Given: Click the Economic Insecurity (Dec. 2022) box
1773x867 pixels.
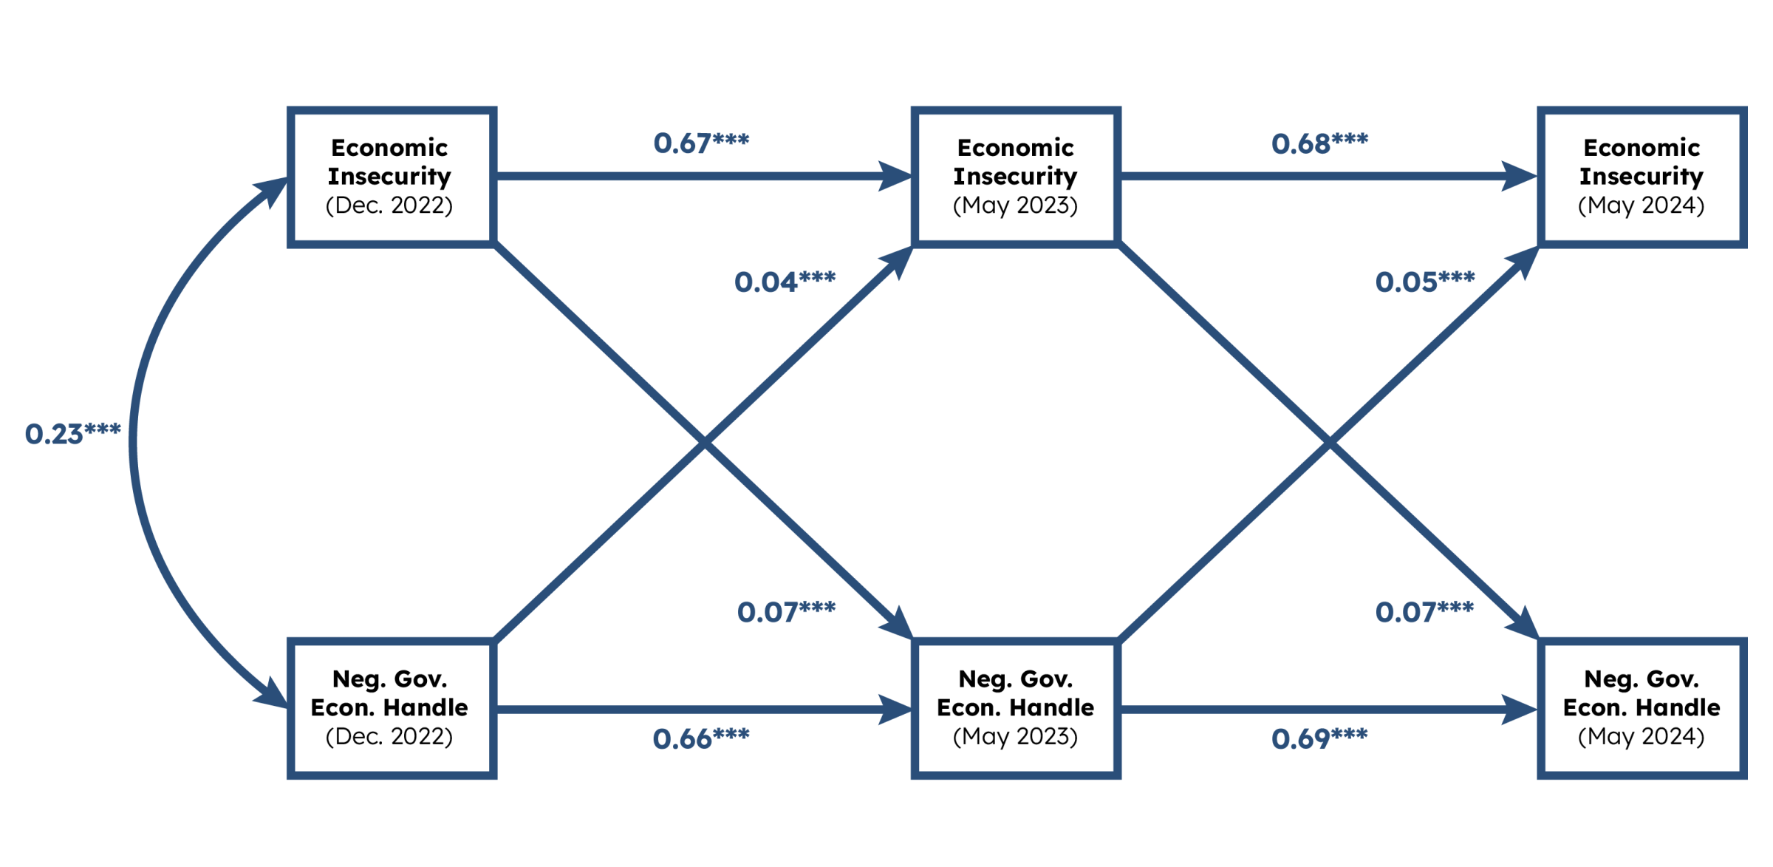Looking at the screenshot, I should click(x=391, y=177).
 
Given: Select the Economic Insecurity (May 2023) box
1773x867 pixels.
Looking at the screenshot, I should click(x=1016, y=177).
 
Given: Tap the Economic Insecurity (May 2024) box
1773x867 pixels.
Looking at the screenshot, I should click(x=1642, y=177).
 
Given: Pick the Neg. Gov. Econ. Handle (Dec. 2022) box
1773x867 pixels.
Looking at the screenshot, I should click(x=391, y=708).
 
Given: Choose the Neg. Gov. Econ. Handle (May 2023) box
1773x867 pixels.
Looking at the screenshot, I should click(x=1016, y=708).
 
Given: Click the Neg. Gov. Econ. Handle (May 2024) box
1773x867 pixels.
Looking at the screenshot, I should click(x=1642, y=708).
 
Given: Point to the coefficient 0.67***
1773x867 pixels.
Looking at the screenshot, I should click(x=701, y=143).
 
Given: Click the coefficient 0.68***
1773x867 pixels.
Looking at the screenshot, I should click(x=1319, y=143).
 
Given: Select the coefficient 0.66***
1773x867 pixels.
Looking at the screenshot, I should click(x=701, y=739).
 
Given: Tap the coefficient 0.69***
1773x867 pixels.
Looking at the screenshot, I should click(x=1319, y=739).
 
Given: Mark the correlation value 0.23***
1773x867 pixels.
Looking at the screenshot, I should click(x=72, y=434).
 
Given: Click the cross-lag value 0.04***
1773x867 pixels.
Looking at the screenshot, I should click(x=785, y=282).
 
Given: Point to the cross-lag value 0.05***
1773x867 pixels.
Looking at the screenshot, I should click(x=1424, y=282).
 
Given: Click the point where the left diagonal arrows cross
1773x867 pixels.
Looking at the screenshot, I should click(x=704, y=443).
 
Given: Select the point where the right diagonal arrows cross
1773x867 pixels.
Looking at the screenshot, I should click(x=1329, y=443).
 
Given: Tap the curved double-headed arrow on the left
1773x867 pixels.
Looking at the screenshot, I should click(x=134, y=443).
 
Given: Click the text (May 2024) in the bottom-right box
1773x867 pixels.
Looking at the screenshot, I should click(x=1642, y=737).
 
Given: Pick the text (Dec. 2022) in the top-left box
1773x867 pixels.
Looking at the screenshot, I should click(x=389, y=205).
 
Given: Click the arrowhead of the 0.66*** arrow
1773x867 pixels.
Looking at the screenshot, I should click(x=895, y=709).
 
